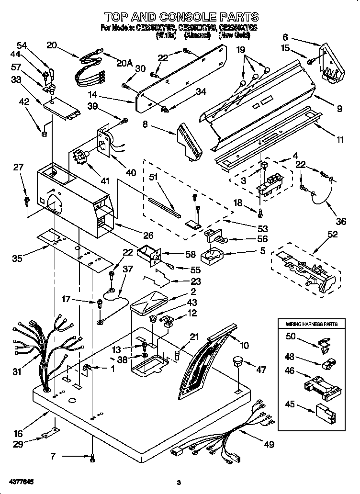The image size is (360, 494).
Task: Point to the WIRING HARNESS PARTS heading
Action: pos(312,324)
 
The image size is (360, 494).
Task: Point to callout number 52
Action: pos(332,235)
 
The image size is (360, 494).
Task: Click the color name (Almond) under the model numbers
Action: pos(197,35)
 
